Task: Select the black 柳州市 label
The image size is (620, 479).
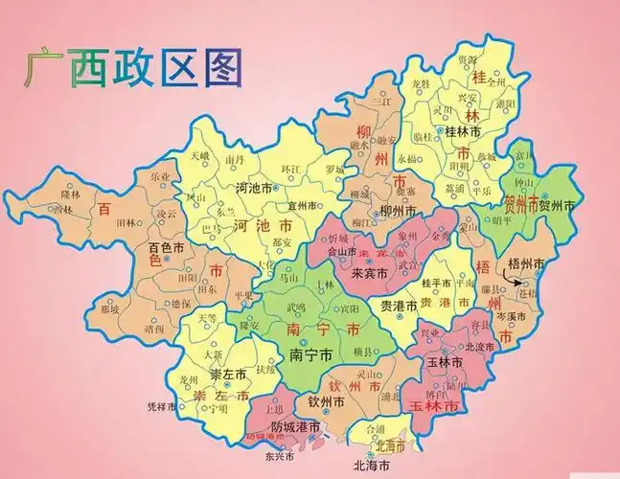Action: (x=397, y=211)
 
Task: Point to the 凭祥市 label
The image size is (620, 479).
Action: (x=161, y=406)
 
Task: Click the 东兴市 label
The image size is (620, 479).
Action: (x=277, y=456)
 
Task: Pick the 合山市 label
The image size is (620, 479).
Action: (x=341, y=253)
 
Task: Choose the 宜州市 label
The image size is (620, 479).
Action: (x=303, y=203)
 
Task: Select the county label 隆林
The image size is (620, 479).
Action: (x=71, y=194)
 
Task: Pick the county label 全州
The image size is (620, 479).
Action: (x=495, y=83)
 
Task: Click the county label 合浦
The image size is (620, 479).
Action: (x=377, y=429)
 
